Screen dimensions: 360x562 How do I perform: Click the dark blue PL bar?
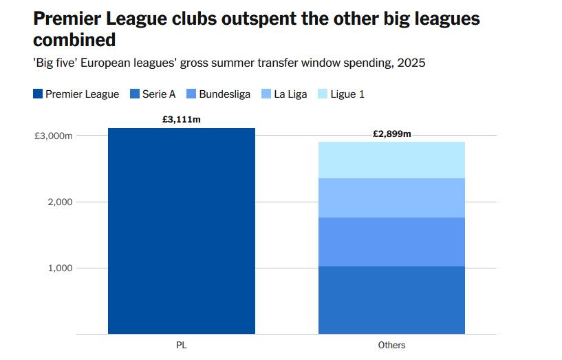(x=182, y=231)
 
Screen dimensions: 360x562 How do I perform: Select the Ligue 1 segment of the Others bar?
(x=391, y=160)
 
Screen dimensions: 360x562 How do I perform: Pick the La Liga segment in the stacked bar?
(x=391, y=198)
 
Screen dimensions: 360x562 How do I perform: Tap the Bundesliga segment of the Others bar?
(x=391, y=242)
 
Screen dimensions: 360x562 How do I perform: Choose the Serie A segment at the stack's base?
(x=391, y=299)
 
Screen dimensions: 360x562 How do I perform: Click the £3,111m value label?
(x=182, y=119)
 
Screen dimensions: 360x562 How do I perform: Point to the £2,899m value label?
(x=391, y=134)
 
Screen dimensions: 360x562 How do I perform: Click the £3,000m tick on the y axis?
(x=53, y=136)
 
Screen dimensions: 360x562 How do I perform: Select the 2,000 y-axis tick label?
(x=60, y=202)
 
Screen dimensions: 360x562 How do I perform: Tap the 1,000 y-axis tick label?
(x=60, y=268)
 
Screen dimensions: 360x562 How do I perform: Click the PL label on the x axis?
(x=182, y=345)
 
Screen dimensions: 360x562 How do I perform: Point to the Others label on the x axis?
(x=391, y=345)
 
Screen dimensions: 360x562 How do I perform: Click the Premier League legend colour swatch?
(x=38, y=94)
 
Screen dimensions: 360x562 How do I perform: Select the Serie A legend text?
(x=159, y=94)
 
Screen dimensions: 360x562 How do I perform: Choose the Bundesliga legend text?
(x=224, y=94)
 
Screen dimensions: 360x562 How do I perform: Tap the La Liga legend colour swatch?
(x=266, y=94)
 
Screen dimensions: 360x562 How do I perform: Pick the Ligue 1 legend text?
(x=347, y=94)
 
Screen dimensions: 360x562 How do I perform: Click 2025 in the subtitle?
(x=411, y=63)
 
